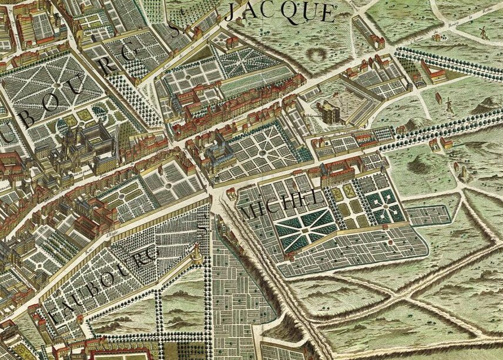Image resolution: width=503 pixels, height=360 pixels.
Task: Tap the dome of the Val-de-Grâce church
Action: (x=69, y=130)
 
